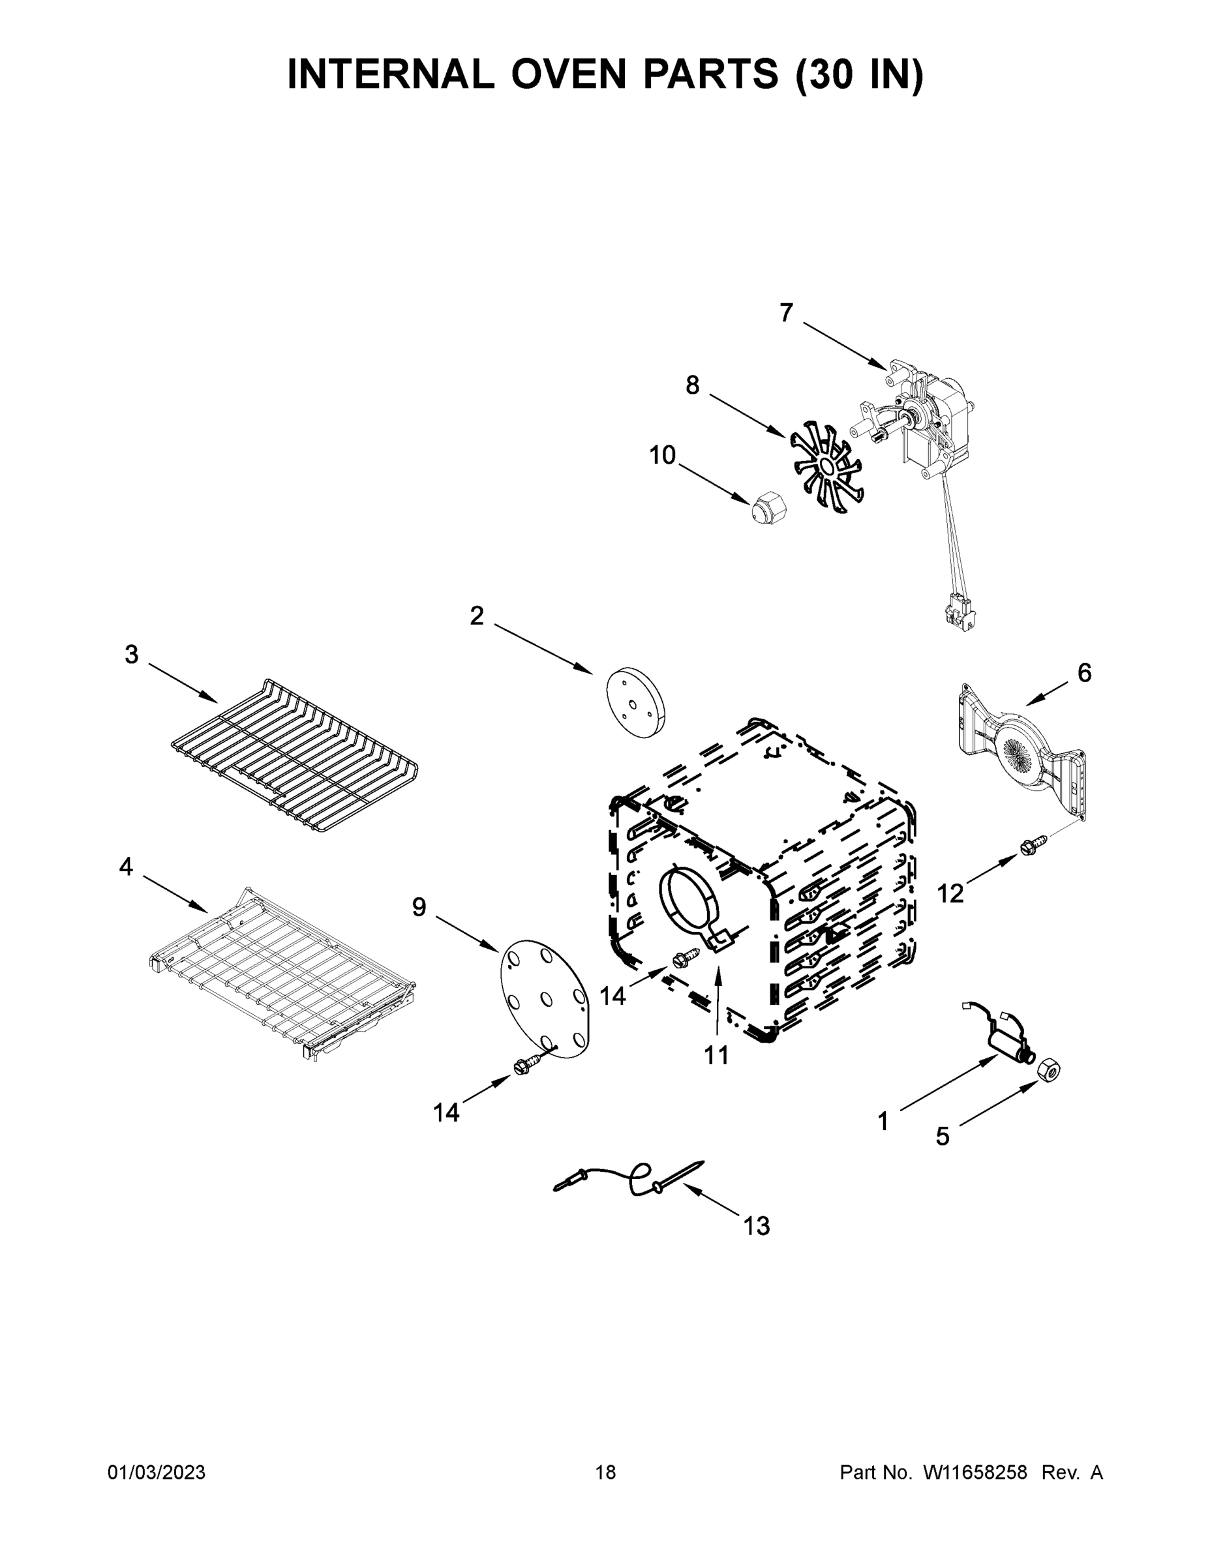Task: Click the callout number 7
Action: [787, 313]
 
